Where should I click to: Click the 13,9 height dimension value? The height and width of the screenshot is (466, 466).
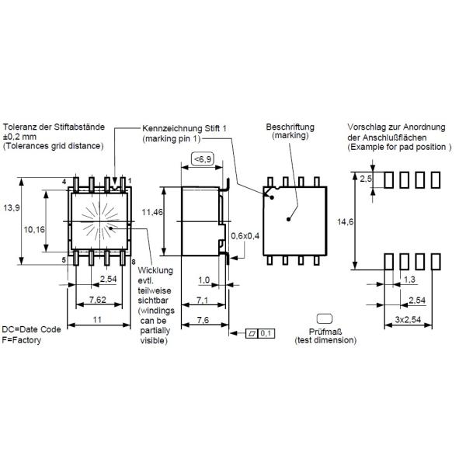12,207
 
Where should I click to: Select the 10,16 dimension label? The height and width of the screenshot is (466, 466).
34,229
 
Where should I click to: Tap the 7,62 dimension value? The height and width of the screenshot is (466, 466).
98,300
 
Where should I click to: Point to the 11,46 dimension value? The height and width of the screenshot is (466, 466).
152,212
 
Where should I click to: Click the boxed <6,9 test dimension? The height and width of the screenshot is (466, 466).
203,159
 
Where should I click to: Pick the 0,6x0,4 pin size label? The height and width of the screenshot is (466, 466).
245,236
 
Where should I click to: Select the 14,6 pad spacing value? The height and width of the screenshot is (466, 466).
346,221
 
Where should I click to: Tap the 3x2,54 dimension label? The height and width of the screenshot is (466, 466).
408,319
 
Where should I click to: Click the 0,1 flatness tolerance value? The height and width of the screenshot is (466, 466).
266,333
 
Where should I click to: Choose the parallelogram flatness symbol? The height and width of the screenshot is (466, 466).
252,334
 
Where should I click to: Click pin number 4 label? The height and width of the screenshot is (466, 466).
64,182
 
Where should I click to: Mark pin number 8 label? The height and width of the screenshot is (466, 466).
134,263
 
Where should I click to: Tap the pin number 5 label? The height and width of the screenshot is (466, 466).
64,260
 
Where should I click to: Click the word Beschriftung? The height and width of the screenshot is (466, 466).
290,127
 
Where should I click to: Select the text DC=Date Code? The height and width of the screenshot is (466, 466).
31,329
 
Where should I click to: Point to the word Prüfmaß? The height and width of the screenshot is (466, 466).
325,332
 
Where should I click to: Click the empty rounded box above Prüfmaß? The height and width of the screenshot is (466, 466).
325,318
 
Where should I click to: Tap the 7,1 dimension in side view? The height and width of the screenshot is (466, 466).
202,300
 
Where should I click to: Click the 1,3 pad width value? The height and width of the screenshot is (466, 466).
409,280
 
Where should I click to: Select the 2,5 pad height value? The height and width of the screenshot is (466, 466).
366,179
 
